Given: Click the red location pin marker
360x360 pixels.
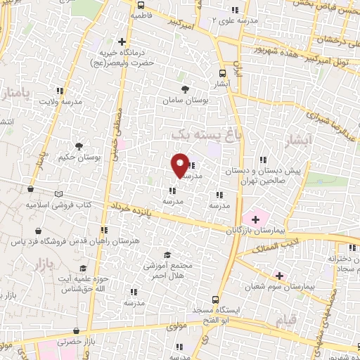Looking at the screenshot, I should point(180,165).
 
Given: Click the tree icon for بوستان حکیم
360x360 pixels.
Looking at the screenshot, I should point(79,147).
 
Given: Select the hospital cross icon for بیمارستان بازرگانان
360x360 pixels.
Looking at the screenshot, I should point(255,219).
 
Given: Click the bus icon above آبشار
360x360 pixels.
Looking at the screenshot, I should point(223,72).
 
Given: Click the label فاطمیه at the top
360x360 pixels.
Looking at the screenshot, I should point(139,14).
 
